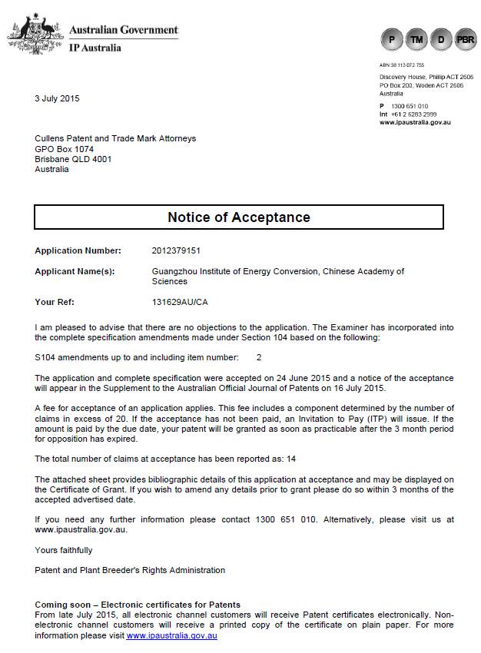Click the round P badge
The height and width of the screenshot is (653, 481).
(393, 38)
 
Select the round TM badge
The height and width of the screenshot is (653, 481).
(417, 38)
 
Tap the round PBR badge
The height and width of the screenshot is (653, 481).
(466, 38)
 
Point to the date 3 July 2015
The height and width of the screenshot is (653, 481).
(57, 98)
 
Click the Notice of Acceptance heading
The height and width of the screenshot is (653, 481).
(239, 217)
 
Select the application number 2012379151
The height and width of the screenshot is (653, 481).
(177, 250)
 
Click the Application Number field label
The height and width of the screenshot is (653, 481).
(78, 250)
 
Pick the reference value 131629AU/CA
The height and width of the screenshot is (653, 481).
(180, 302)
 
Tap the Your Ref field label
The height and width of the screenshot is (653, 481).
(55, 302)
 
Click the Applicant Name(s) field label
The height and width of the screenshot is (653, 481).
(75, 271)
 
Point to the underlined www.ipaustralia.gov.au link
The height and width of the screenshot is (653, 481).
(171, 636)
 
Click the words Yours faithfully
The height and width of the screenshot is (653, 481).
(64, 550)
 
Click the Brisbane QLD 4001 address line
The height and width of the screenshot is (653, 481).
(73, 159)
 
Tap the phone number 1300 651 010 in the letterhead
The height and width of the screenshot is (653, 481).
(410, 106)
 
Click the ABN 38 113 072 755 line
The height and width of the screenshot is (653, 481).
(401, 65)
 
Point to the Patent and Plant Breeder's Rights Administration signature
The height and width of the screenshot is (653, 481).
(130, 570)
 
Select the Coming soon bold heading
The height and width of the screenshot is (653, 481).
(138, 605)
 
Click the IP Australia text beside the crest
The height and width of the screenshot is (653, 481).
(95, 48)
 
